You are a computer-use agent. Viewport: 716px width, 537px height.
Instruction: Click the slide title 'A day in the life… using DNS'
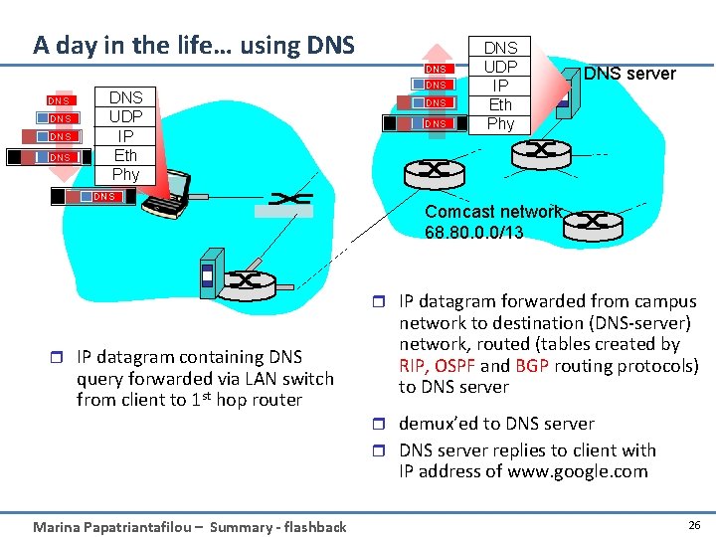[x=193, y=45]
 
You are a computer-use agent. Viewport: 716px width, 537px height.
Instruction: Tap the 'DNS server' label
[x=629, y=74]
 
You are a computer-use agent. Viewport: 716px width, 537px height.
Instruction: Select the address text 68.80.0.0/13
[x=473, y=232]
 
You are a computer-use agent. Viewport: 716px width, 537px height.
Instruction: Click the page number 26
[x=693, y=524]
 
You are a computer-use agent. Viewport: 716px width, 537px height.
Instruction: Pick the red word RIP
[x=414, y=366]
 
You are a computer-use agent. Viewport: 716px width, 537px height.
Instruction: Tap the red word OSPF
[x=456, y=366]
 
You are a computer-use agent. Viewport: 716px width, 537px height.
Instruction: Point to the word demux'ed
[x=442, y=424]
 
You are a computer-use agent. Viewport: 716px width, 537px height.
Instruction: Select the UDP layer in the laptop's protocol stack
[x=125, y=116]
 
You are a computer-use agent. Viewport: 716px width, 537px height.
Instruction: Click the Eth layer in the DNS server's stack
[x=500, y=104]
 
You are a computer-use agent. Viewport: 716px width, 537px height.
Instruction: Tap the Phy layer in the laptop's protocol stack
[x=125, y=174]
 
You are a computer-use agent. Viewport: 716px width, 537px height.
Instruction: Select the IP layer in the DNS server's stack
[x=500, y=86]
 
